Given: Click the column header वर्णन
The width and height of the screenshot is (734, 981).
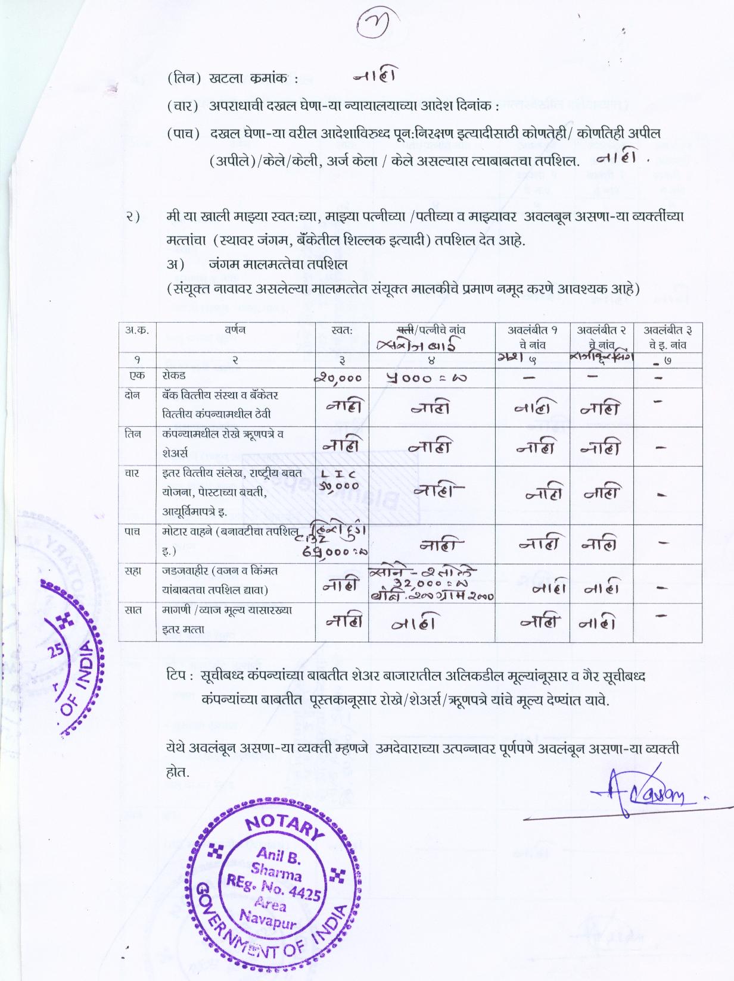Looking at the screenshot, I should click(x=235, y=329).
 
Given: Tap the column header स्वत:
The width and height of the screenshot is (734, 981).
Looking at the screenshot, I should click(x=342, y=329).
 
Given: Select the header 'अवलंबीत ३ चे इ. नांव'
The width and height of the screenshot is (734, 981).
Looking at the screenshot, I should click(x=668, y=337).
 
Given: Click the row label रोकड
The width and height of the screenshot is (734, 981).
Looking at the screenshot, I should click(x=174, y=376).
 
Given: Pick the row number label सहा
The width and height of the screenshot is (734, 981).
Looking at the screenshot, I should click(x=133, y=571).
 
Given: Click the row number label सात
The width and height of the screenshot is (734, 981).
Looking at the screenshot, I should click(x=133, y=610).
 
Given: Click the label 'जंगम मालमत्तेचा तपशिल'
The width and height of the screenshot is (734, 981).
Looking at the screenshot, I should click(x=278, y=264).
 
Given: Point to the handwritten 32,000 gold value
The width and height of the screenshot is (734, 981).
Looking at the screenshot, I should click(x=430, y=585).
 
